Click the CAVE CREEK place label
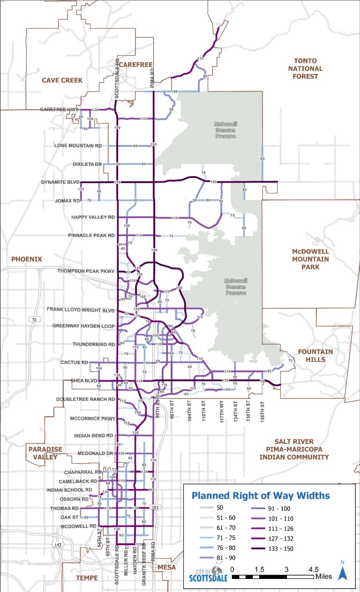[x=62, y=80]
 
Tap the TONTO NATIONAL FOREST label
[x=305, y=68]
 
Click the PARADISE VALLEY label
[x=45, y=453]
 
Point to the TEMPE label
[x=87, y=578]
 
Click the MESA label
[x=167, y=567]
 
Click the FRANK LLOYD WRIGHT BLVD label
[x=81, y=310]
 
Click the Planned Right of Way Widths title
[x=260, y=495]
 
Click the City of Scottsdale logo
[x=209, y=574]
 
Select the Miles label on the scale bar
[x=324, y=575]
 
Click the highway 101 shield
[x=156, y=507]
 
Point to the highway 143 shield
[x=57, y=545]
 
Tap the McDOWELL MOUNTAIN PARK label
[x=310, y=259]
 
